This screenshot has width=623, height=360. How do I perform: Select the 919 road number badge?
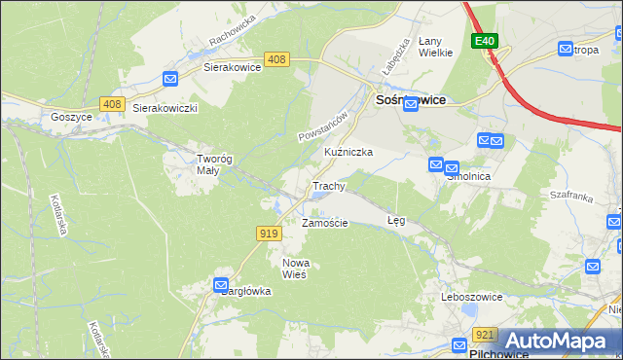click(271, 233)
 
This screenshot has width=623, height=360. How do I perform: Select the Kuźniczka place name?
click(348, 153)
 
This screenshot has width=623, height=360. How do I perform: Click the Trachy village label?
click(328, 185)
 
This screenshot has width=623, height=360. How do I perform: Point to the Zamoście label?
click(324, 223)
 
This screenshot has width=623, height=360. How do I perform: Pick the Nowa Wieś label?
click(294, 269)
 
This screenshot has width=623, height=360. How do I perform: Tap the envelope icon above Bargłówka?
click(222, 284)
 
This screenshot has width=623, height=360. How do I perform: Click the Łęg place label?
click(396, 221)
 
